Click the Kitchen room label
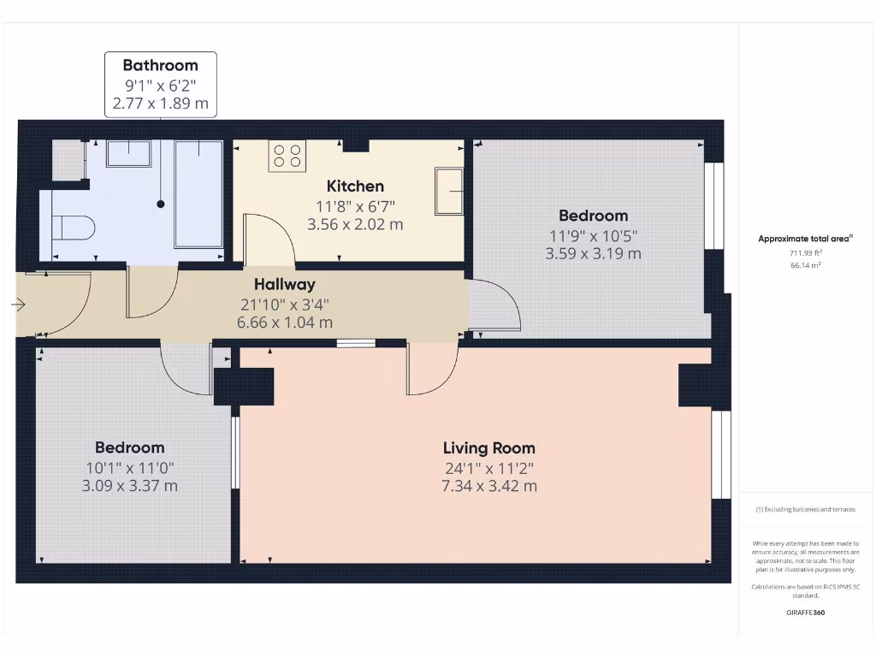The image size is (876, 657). tap(355, 186)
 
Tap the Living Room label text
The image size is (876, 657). tap(488, 447)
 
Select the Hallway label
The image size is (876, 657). tap(284, 284)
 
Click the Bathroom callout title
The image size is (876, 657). tap(160, 65)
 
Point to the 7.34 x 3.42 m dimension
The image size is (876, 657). tap(488, 486)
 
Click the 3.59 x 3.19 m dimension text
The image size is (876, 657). tap(593, 253)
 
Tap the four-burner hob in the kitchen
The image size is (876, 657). tap(287, 157)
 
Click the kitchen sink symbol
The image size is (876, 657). tap(449, 191)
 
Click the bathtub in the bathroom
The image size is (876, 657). tap(198, 193)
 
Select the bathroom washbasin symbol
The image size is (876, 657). tap(129, 153)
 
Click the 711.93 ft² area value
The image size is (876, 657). tap(805, 253)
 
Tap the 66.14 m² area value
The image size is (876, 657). tap(805, 266)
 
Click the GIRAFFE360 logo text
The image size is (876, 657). tap(805, 613)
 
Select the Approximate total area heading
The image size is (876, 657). tap(804, 240)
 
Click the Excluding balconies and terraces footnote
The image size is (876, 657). tap(805, 509)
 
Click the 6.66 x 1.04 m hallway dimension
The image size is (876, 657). tap(284, 323)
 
